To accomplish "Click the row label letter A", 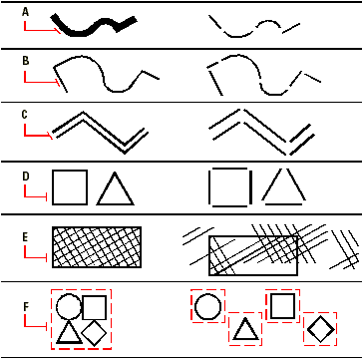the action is point(25,11).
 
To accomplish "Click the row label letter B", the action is point(25,61).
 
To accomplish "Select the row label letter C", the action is point(25,115).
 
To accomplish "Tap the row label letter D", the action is point(25,178).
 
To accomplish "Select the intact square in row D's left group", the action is point(71,188).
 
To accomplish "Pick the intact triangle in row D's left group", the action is point(115,189).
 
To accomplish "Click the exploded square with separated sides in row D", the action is point(227,187).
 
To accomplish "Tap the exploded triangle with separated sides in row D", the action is point(283,186).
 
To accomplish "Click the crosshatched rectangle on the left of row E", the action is point(96,244).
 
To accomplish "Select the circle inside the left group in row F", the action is point(68,307).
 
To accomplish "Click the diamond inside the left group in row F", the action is point(95,333).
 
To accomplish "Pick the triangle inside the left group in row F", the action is point(68,333).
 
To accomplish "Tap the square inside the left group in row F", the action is point(95,307).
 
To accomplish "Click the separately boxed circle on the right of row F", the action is point(207,305).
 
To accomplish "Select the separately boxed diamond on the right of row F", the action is point(319,327).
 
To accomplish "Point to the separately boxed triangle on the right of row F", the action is point(244,329).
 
